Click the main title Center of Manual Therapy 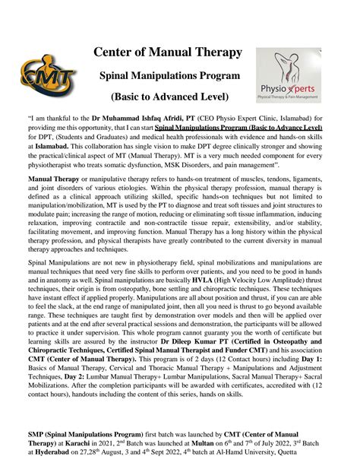tap(168, 52)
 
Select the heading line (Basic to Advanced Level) tap(169, 98)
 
